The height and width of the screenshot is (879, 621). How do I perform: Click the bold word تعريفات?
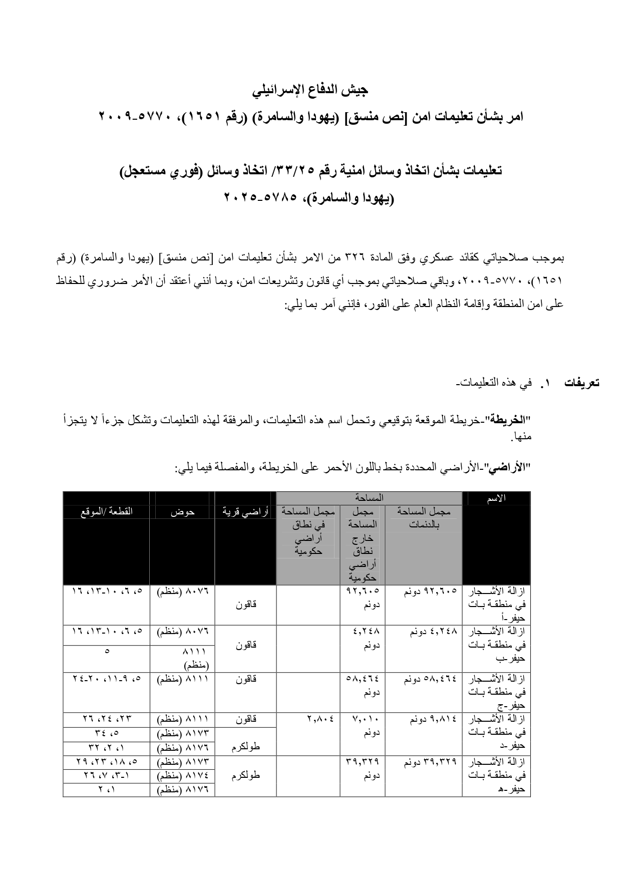tap(581, 383)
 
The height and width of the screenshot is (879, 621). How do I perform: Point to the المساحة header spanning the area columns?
tap(369, 498)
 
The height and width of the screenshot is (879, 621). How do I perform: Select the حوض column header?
tap(182, 512)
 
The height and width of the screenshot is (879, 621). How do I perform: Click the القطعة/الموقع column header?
tap(106, 512)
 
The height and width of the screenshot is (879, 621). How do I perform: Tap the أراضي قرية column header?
tap(245, 512)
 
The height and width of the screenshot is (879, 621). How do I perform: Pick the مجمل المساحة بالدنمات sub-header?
tap(423, 518)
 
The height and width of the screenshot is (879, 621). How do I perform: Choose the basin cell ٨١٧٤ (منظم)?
tap(182, 776)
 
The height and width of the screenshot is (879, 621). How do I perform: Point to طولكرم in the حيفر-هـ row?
tap(245, 776)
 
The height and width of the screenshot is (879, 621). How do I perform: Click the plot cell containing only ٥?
tap(106, 652)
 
